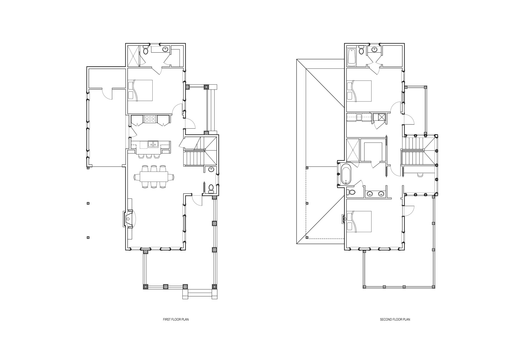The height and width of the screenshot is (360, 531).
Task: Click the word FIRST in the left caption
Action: (166, 319)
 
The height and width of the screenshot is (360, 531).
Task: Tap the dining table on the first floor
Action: (155, 177)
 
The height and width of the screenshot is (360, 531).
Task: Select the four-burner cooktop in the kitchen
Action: (150, 119)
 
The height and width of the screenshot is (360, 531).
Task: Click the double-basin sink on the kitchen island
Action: (153, 144)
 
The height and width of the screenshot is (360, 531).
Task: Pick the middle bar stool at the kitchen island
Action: (148, 156)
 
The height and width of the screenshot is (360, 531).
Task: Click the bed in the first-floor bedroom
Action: (140, 90)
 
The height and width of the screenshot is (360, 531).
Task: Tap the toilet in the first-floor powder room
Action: (211, 188)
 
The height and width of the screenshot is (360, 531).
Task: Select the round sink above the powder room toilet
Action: (211, 170)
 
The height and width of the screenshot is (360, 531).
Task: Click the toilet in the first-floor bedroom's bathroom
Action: (145, 50)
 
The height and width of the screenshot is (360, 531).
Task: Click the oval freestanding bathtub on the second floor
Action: (346, 174)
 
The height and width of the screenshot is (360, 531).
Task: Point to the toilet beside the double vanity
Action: (352, 192)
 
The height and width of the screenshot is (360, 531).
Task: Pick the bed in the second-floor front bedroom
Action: (359, 222)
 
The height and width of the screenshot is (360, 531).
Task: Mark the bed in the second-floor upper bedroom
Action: (359, 91)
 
